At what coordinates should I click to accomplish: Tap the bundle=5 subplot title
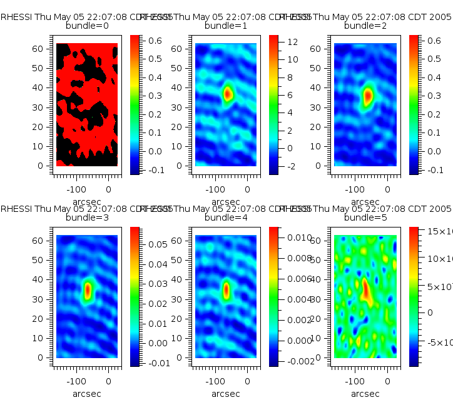[x=365, y=218]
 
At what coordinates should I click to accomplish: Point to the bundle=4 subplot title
[x=226, y=218]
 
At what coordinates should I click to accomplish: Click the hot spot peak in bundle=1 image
[x=228, y=94]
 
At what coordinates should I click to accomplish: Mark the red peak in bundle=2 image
[x=368, y=96]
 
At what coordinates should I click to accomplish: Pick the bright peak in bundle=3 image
[x=88, y=289]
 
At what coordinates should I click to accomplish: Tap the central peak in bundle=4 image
[x=227, y=289]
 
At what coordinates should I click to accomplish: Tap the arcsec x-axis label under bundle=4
[x=225, y=394]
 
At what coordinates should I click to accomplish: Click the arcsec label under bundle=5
[x=365, y=394]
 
